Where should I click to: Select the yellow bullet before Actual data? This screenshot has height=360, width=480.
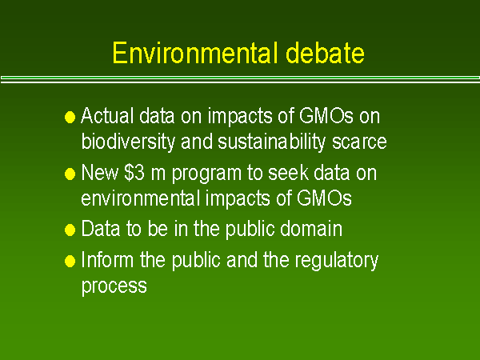click(70, 117)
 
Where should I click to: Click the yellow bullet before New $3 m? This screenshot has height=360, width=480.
click(70, 174)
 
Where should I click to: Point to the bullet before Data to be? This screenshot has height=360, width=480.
click(70, 230)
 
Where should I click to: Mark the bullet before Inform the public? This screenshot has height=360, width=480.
click(70, 261)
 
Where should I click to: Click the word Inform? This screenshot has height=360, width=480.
click(106, 260)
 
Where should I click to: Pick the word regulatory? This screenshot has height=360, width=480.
click(336, 262)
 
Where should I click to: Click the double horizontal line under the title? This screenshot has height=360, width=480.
click(240, 79)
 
